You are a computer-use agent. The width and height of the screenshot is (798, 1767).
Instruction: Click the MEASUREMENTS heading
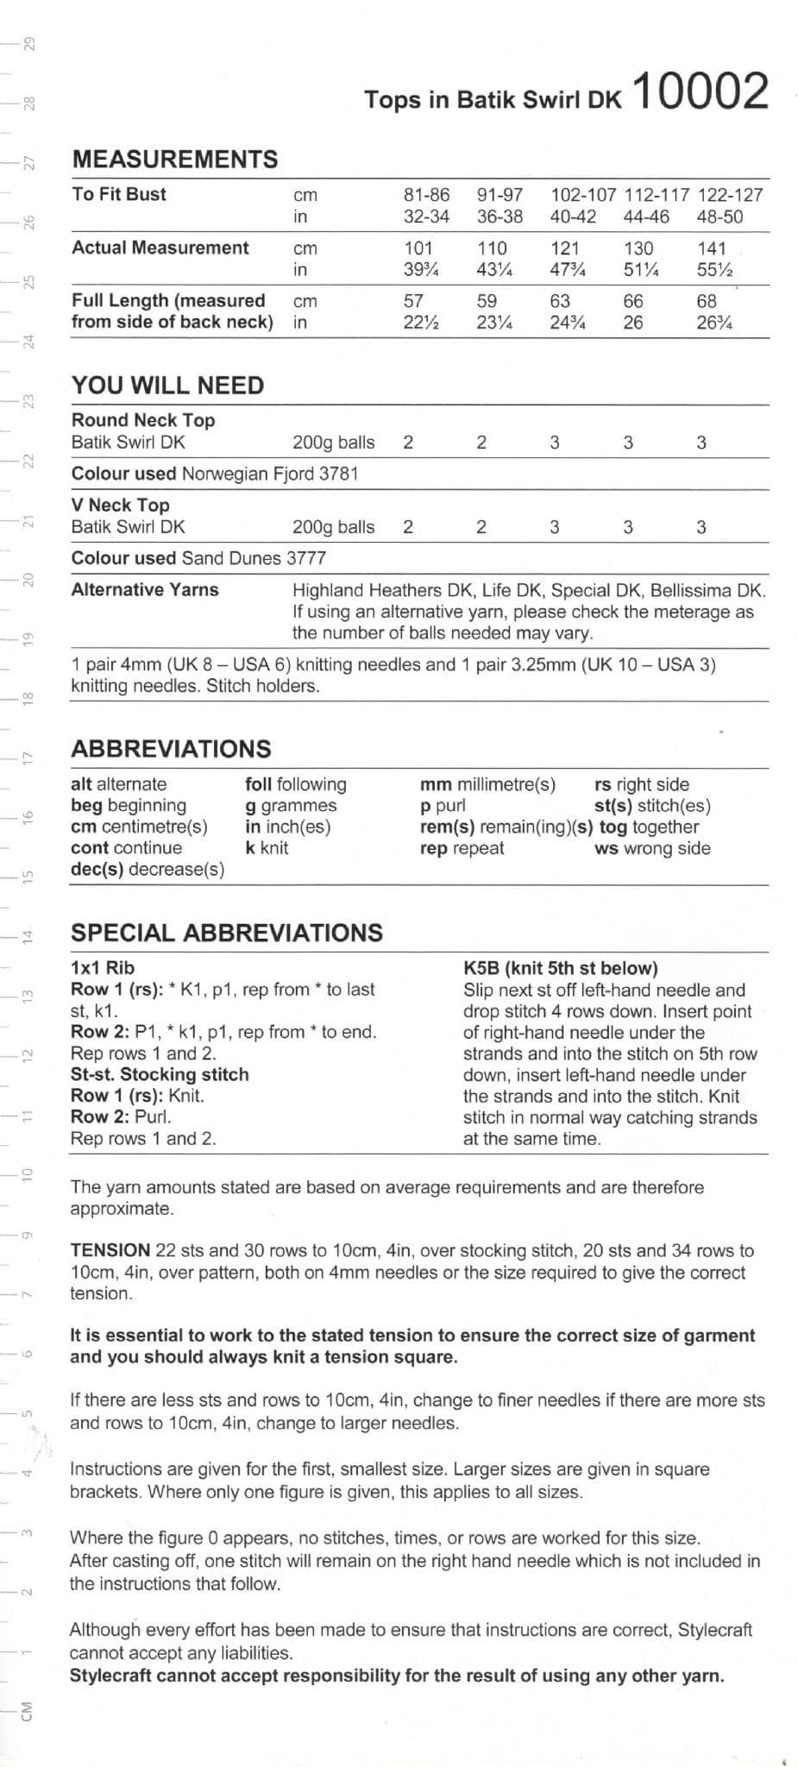point(175,159)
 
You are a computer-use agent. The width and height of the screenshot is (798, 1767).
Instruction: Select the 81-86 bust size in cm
point(426,195)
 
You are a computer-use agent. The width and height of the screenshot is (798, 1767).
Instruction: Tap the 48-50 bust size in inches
point(719,217)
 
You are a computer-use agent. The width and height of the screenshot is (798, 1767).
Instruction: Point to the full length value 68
point(707,301)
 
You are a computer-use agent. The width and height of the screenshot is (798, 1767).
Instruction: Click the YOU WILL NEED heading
point(167,386)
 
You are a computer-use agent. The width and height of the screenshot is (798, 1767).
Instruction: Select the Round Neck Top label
point(143,420)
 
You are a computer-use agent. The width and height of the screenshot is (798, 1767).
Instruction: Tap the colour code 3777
point(306,558)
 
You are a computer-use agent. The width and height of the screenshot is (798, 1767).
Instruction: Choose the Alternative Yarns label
point(145,590)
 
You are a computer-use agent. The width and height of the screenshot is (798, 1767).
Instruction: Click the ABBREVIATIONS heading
point(171,749)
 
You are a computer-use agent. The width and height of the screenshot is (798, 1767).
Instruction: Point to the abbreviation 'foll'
point(258,784)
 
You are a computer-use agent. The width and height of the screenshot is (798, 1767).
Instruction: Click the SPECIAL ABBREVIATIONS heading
point(227,933)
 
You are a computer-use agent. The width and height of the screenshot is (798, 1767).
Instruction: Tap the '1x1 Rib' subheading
point(103,968)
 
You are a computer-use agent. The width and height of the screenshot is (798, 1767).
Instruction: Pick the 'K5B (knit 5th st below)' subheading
point(561,968)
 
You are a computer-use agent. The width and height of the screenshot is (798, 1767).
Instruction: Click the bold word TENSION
point(110,1250)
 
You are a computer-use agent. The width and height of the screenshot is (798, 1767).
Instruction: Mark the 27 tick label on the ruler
point(28,161)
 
